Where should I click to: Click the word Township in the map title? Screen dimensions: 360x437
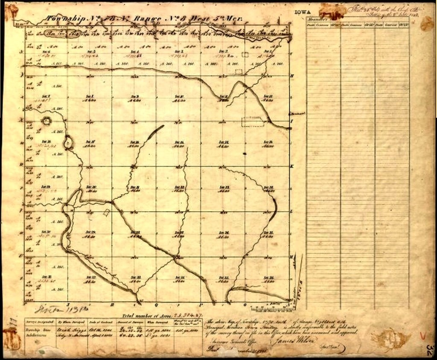click(x=63, y=19)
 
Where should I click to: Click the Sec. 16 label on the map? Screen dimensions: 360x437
click(x=134, y=142)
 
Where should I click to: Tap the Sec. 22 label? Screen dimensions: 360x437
click(x=180, y=187)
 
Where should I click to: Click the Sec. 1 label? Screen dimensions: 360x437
click(x=268, y=52)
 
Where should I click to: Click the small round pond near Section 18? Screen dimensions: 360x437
click(x=46, y=121)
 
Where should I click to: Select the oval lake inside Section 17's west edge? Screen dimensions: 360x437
click(x=68, y=142)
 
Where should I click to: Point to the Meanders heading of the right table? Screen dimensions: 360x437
click(x=317, y=20)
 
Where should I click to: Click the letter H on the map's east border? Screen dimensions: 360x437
click(x=292, y=76)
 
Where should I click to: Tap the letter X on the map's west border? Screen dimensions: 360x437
click(x=20, y=120)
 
